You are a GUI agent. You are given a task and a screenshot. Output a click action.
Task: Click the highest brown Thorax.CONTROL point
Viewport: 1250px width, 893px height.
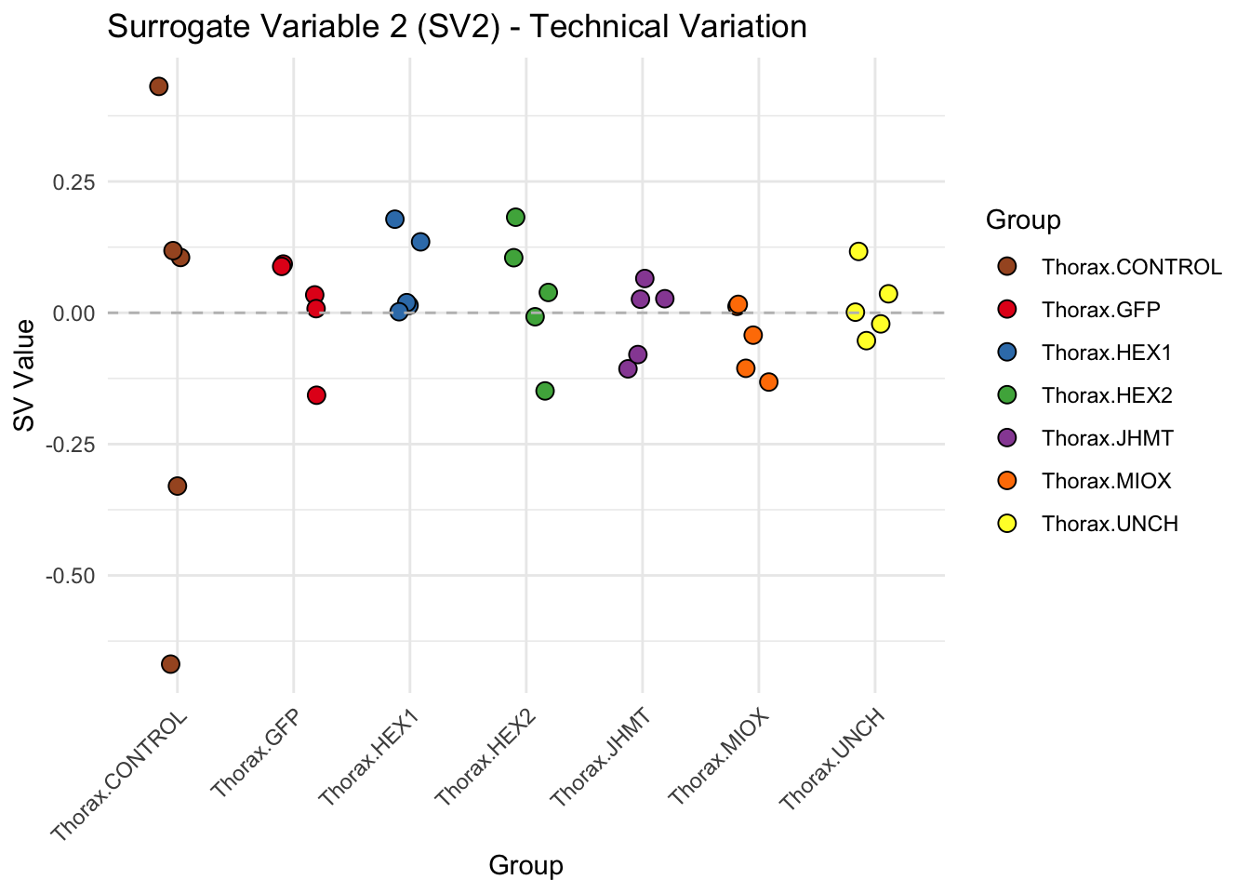click(159, 87)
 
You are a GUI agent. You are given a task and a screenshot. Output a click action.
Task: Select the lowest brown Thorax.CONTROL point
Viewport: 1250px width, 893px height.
click(170, 664)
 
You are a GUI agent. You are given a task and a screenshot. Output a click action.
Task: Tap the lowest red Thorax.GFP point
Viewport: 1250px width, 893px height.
click(316, 395)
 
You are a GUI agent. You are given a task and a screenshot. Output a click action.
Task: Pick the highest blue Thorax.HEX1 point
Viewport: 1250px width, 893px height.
click(394, 220)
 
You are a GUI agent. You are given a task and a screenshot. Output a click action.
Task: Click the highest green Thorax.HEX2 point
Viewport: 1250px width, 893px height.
click(515, 218)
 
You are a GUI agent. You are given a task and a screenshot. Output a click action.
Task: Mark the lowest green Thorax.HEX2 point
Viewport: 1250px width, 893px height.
click(545, 391)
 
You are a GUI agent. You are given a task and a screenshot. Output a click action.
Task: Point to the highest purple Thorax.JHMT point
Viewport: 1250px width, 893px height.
click(645, 279)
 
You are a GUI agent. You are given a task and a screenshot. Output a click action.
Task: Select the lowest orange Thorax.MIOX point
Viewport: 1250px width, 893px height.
click(768, 382)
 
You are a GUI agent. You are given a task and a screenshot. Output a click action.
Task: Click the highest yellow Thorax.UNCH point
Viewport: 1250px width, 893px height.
click(858, 251)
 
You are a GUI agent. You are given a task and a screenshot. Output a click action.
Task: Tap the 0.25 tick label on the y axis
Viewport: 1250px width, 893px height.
click(73, 182)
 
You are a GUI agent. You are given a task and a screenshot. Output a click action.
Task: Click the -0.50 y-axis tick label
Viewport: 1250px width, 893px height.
click(71, 576)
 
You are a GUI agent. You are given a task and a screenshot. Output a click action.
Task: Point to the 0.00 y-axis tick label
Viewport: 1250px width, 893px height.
click(73, 313)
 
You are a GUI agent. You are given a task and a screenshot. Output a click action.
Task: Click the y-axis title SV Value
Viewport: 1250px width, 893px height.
click(25, 375)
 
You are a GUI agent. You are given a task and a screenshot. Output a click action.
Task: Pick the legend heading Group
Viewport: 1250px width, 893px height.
click(1023, 220)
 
